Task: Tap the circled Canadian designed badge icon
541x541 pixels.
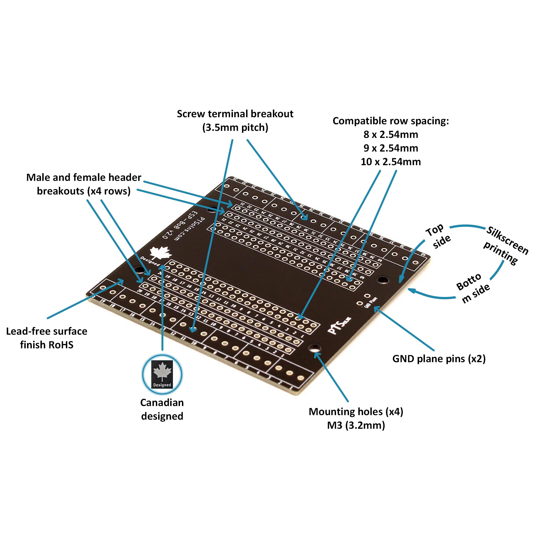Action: click(162, 374)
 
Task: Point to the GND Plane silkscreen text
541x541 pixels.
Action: click(371, 302)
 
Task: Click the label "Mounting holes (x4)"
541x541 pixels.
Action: click(356, 412)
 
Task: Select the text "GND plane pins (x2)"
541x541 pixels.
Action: click(439, 359)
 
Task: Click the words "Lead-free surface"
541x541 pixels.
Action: click(47, 331)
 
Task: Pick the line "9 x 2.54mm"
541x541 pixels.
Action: click(391, 148)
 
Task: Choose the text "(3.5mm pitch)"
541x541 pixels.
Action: click(235, 127)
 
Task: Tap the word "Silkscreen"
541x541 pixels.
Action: click(507, 240)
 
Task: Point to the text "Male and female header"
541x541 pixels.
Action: click(84, 177)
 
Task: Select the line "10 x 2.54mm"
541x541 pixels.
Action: click(391, 162)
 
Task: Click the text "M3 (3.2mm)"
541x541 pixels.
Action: click(356, 425)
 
